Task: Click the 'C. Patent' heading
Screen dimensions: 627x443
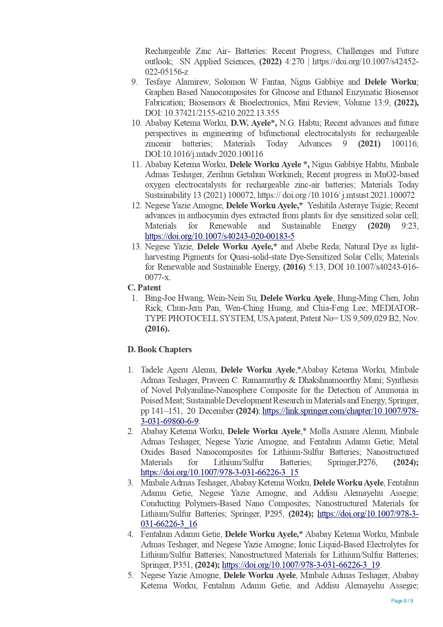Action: (x=144, y=288)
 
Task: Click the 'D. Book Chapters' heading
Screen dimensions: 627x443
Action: (x=160, y=349)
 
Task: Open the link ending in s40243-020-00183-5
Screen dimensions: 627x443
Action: (x=220, y=236)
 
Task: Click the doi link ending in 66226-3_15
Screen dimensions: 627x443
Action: (x=220, y=472)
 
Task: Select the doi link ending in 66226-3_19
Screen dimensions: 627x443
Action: (x=301, y=565)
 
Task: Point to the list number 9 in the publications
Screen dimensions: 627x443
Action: (x=134, y=82)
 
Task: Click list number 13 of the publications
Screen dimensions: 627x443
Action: (x=136, y=247)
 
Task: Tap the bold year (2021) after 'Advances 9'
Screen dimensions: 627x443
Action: (x=369, y=144)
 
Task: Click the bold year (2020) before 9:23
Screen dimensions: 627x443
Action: (x=379, y=226)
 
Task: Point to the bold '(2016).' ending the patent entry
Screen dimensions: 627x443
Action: (x=157, y=329)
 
